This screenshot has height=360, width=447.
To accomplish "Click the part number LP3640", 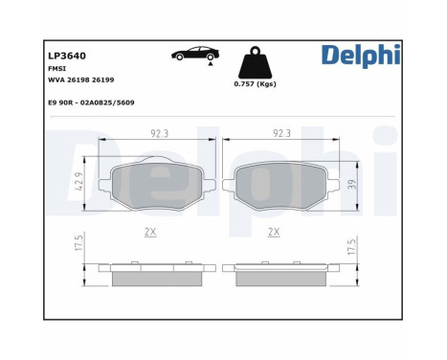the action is click(x=67, y=56).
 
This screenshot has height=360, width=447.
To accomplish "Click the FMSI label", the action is click(x=57, y=69).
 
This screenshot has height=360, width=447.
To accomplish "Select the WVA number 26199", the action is click(x=102, y=79).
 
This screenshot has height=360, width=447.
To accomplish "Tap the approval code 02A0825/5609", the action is click(x=107, y=102).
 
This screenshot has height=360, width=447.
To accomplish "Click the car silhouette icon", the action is click(x=195, y=54).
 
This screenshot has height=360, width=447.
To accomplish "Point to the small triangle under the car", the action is click(x=211, y=64).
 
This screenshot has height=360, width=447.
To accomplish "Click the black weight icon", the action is click(x=256, y=62).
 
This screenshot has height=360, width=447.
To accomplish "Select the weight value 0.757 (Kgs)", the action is click(x=256, y=84).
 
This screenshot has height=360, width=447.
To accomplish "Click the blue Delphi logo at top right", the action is click(x=361, y=56).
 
